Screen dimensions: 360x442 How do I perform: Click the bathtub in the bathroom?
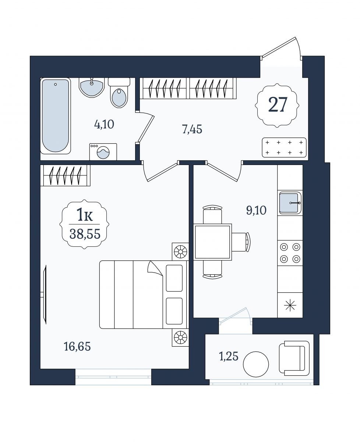(55, 116)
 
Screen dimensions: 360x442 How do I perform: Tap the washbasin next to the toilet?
(91, 87)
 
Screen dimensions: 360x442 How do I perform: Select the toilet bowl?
(119, 92)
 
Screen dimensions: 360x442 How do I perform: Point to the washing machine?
(103, 152)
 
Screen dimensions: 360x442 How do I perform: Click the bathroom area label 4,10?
(104, 124)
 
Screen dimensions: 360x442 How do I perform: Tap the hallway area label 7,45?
(192, 129)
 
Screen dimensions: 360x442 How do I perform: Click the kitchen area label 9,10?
(256, 210)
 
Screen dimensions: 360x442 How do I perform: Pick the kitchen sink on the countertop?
(290, 203)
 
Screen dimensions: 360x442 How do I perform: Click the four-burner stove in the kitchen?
(290, 253)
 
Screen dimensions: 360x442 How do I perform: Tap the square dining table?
(212, 242)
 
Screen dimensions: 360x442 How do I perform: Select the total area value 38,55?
(85, 234)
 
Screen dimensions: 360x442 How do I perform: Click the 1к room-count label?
(85, 215)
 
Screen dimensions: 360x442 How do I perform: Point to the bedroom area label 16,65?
(77, 347)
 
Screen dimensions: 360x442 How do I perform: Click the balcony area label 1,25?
(229, 357)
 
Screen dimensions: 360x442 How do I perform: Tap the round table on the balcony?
(256, 364)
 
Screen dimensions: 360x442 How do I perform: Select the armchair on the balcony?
(294, 358)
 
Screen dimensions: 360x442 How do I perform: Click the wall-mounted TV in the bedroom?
(44, 294)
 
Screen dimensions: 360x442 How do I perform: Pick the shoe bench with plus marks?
(284, 148)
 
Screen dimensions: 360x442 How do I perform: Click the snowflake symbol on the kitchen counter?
(290, 305)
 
